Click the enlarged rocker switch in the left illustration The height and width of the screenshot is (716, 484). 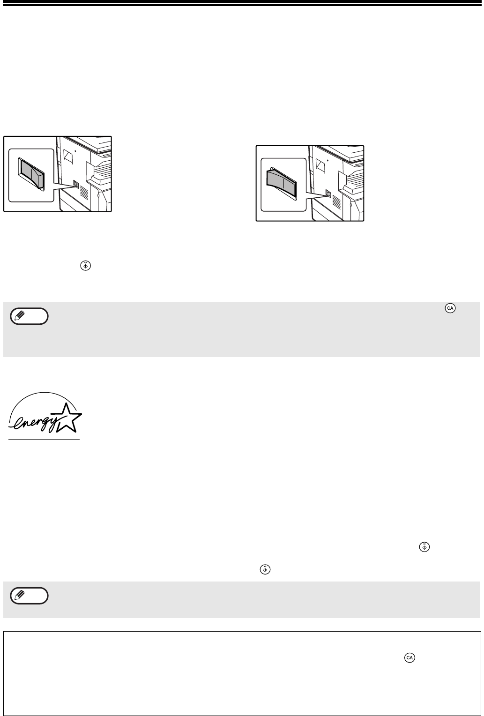pyautogui.click(x=31, y=173)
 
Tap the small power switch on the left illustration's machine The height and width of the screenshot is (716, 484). pyautogui.click(x=76, y=184)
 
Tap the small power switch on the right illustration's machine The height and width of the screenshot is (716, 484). pyautogui.click(x=328, y=193)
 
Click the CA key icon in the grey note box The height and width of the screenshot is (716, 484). pyautogui.click(x=450, y=308)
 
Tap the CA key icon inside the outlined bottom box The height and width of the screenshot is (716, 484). pyautogui.click(x=410, y=657)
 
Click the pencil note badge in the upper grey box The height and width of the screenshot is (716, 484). pyautogui.click(x=29, y=316)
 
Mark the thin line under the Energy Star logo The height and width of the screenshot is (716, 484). pyautogui.click(x=44, y=439)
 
